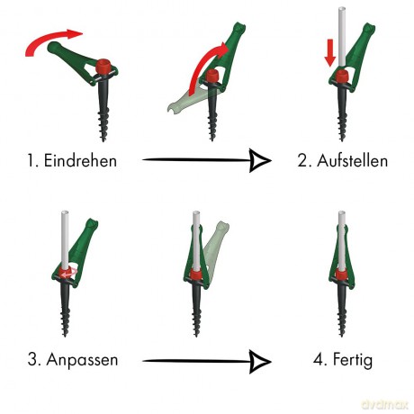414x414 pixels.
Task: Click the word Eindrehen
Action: click(x=80, y=160)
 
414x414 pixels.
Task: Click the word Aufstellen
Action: click(x=352, y=160)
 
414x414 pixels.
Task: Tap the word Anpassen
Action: click(x=82, y=360)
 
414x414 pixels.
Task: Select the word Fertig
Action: click(x=353, y=359)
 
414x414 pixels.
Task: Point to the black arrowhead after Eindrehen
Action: click(x=260, y=160)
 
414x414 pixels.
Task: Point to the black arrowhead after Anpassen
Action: click(x=260, y=361)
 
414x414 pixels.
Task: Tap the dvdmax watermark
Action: click(x=385, y=404)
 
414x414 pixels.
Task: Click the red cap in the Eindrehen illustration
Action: click(x=103, y=67)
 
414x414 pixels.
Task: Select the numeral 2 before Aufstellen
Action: click(x=302, y=160)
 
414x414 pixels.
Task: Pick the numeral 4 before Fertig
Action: click(x=319, y=359)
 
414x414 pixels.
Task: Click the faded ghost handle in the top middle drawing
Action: click(x=191, y=101)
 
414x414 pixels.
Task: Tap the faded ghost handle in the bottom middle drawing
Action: click(x=217, y=245)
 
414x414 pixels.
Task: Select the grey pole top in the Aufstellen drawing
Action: click(x=342, y=10)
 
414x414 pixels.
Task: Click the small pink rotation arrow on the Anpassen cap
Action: click(x=69, y=273)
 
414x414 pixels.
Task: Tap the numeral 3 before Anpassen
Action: click(x=33, y=359)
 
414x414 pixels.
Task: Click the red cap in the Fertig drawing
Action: click(x=341, y=274)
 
